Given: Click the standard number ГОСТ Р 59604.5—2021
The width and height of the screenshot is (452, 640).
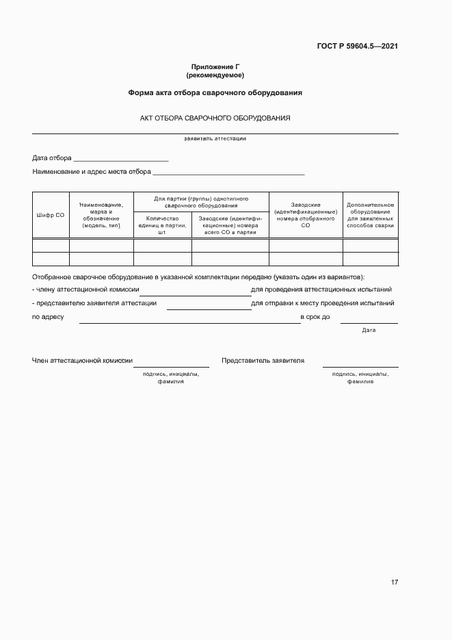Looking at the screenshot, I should click(x=358, y=47).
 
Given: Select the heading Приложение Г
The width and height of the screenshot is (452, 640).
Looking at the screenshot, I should click(x=215, y=66).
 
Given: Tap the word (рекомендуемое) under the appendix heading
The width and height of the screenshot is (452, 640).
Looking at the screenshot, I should click(x=215, y=75).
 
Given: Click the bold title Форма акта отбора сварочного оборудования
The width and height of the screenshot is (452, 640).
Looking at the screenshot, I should click(x=215, y=92).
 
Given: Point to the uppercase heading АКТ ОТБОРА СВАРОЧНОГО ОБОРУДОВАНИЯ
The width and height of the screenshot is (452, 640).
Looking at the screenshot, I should click(x=215, y=118).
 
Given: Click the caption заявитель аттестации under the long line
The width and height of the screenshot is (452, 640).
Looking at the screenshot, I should click(x=215, y=138).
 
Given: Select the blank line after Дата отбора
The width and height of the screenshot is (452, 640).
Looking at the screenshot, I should click(x=121, y=159).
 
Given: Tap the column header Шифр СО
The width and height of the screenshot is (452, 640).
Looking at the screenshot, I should click(x=51, y=215).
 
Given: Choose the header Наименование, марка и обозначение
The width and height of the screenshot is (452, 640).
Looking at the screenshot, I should click(x=101, y=215).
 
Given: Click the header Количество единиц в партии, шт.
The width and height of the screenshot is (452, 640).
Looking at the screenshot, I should click(x=162, y=225).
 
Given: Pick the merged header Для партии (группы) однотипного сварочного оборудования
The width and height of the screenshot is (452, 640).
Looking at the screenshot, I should click(x=201, y=201).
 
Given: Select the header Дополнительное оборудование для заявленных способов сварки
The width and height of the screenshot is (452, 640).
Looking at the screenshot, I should click(x=370, y=215).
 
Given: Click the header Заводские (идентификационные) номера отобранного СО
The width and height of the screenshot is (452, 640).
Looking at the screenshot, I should click(x=306, y=215).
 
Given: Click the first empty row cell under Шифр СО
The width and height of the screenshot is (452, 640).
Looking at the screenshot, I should click(x=51, y=246).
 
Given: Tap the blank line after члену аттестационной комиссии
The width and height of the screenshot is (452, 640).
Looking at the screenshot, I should click(x=195, y=292).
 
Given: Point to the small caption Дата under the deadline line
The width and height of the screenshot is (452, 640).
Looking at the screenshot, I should click(x=369, y=330).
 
